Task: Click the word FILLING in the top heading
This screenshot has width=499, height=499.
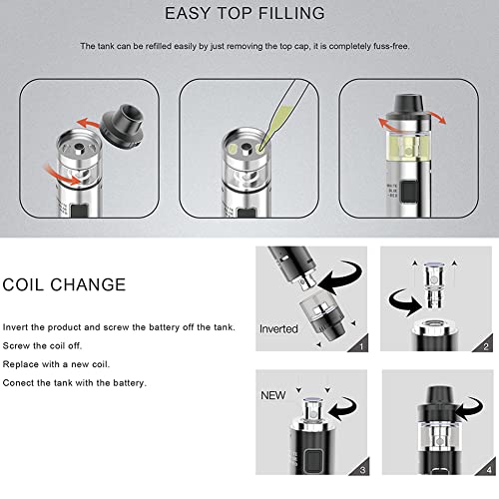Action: click(291, 14)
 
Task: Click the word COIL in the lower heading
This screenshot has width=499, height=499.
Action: click(23, 284)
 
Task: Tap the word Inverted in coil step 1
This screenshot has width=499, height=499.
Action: click(278, 329)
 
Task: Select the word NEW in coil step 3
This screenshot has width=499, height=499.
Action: click(273, 395)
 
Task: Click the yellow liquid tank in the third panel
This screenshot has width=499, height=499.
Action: click(408, 146)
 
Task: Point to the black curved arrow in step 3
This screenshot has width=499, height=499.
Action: click(342, 408)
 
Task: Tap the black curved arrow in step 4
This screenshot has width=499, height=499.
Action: click(470, 408)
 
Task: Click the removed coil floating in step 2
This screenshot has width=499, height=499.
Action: click(434, 285)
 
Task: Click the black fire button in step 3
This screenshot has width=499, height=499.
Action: click(313, 461)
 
